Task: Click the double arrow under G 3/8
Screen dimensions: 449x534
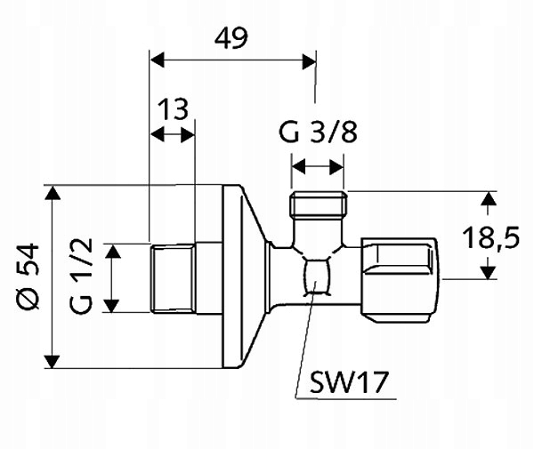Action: coord(319,165)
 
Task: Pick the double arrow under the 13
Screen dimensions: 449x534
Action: coord(173,134)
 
